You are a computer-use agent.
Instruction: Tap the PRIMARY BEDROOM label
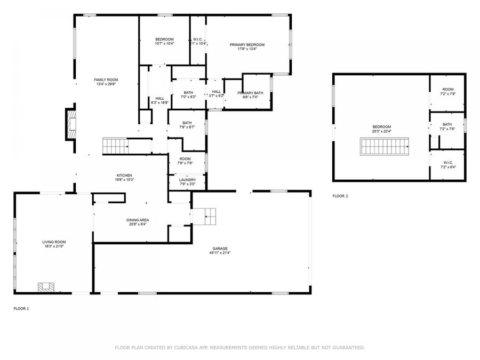pos(247,45)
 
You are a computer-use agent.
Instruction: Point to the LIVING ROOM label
pos(53,242)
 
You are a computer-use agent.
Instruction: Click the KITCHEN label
pos(124,175)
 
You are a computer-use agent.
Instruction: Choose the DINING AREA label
pos(138,220)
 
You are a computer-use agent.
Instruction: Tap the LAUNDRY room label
pos(187,180)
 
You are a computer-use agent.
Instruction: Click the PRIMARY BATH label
pos(250,93)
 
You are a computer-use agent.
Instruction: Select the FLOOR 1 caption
pos(21,308)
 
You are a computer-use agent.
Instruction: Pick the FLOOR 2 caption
pos(340,196)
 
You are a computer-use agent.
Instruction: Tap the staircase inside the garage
pos(205,215)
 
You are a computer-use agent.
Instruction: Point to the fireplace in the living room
pos(46,287)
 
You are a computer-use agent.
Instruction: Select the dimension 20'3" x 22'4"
pos(381,132)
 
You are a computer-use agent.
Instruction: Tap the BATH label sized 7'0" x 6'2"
pos(188,93)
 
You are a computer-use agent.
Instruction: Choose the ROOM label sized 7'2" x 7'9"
pos(447,90)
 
